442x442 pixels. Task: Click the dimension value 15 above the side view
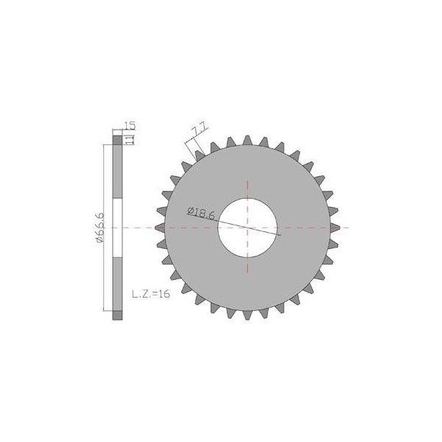130,125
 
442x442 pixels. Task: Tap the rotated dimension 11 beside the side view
130,140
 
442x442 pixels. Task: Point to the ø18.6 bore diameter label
200,213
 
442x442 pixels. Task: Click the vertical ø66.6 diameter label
99,228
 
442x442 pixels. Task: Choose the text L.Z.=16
151,294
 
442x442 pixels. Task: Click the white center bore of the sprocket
248,228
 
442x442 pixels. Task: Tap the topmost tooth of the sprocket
248,141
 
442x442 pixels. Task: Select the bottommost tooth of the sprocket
248,315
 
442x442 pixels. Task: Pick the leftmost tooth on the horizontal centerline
161,228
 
